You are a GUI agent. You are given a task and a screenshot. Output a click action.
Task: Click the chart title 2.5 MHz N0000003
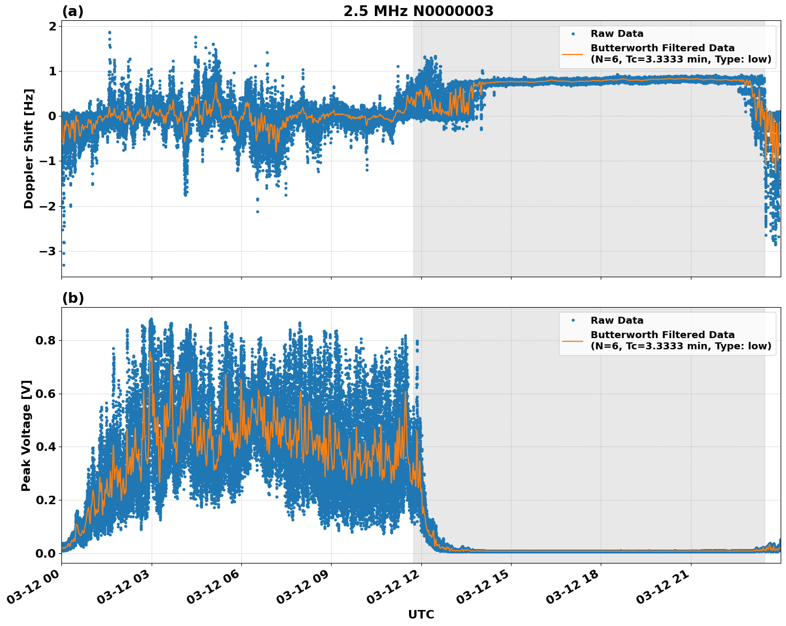click(418, 11)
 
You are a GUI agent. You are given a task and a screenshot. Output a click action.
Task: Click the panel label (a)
click(73, 11)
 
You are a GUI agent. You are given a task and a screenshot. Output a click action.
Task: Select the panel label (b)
click(73, 298)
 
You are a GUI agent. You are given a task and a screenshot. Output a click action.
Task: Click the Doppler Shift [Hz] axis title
click(29, 148)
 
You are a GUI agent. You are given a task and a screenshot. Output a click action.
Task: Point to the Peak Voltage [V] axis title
click(26, 435)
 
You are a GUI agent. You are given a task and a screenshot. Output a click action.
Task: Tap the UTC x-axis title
click(421, 614)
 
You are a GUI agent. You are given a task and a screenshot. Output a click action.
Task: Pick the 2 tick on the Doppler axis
click(52, 26)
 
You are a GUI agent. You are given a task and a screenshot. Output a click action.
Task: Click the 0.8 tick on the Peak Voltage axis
click(45, 340)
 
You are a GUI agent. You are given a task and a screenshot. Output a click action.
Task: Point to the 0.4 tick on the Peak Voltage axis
click(45, 447)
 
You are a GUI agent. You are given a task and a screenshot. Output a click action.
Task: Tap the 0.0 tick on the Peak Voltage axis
click(45, 553)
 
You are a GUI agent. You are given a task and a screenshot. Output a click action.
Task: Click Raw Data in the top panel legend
click(617, 34)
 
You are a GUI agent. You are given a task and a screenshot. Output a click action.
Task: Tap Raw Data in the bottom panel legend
click(617, 320)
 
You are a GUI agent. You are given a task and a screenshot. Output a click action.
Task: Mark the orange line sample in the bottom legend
click(572, 340)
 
